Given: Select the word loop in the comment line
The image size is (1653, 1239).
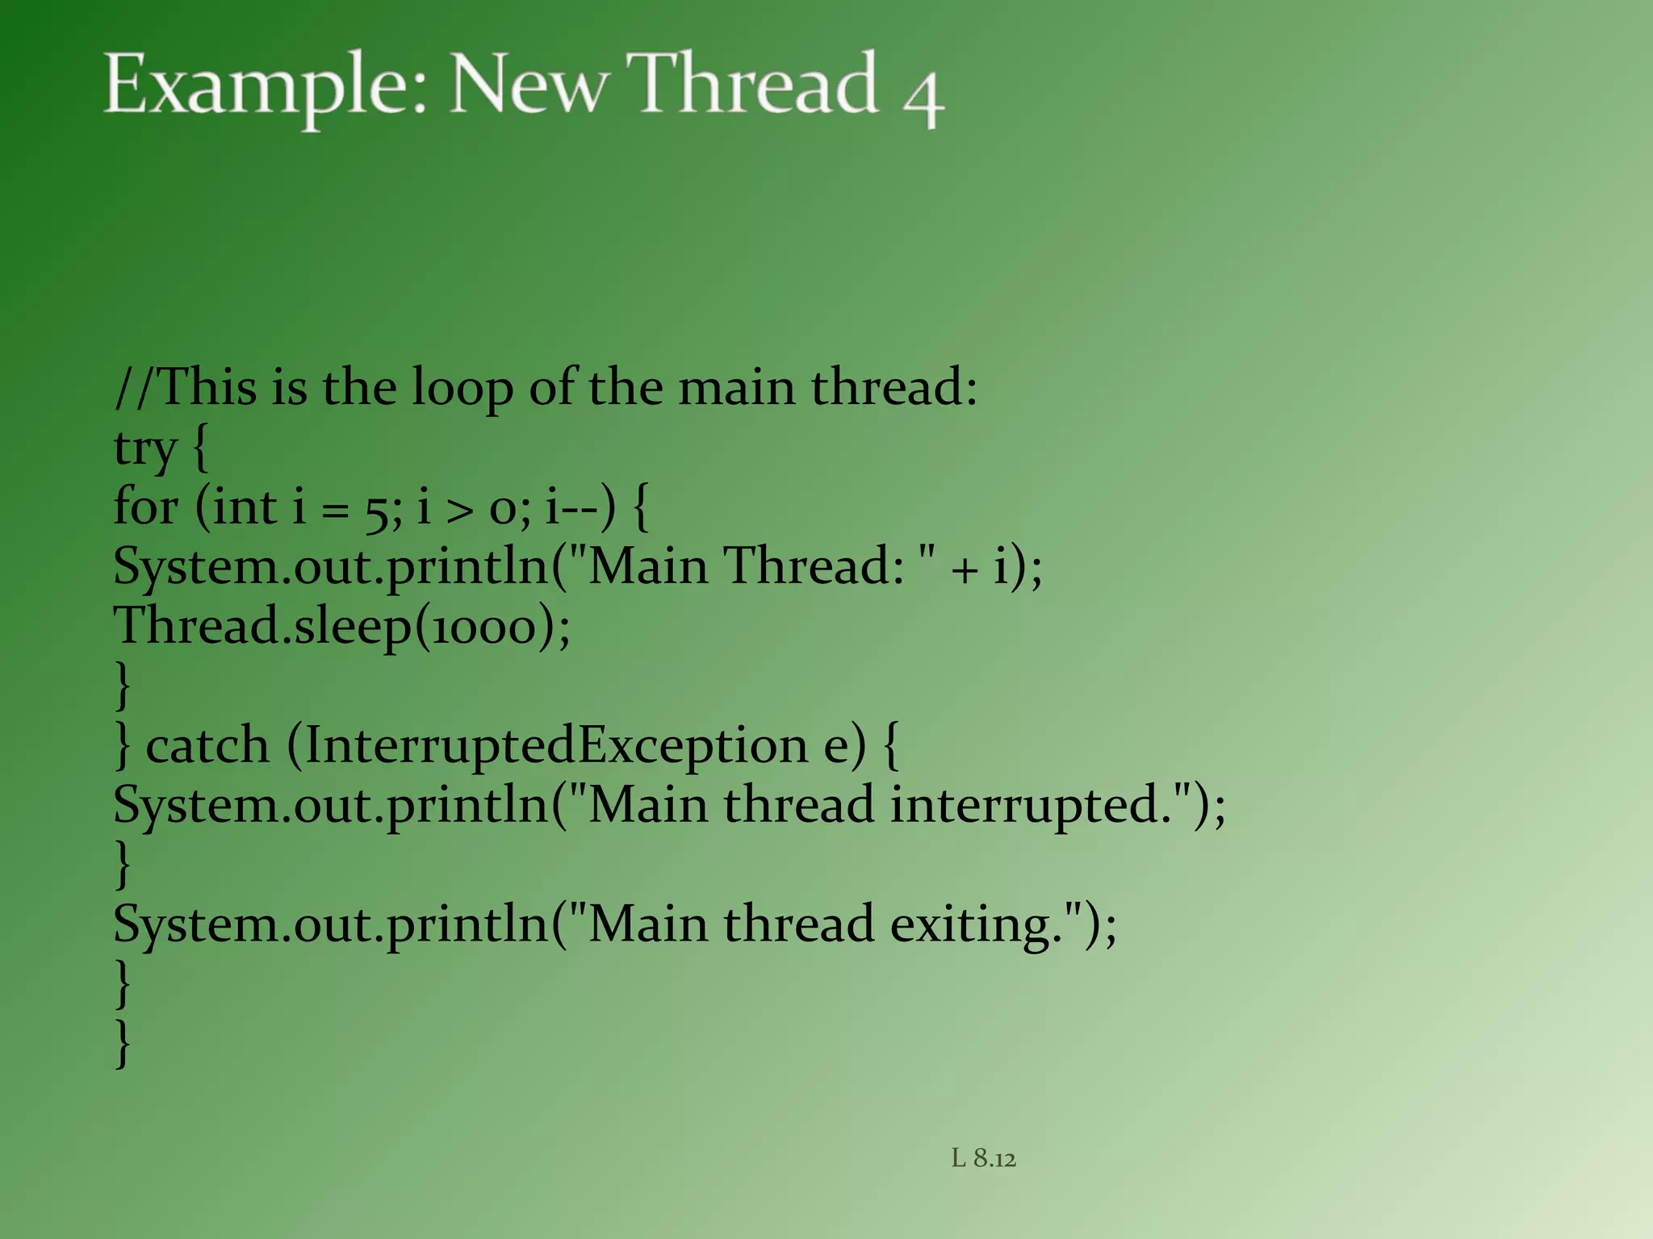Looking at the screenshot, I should click(x=462, y=389).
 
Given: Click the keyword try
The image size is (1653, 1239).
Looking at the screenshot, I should click(x=145, y=448).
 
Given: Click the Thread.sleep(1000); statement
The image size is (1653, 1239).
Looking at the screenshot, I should click(x=341, y=627).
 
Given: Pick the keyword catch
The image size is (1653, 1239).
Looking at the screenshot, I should click(x=207, y=745).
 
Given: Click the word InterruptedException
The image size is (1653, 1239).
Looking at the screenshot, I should click(x=557, y=745).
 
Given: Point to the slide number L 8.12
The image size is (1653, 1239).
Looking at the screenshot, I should click(x=983, y=1158).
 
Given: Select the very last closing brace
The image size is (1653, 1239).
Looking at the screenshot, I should click(x=123, y=1044).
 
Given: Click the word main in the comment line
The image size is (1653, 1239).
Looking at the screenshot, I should click(x=736, y=389).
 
